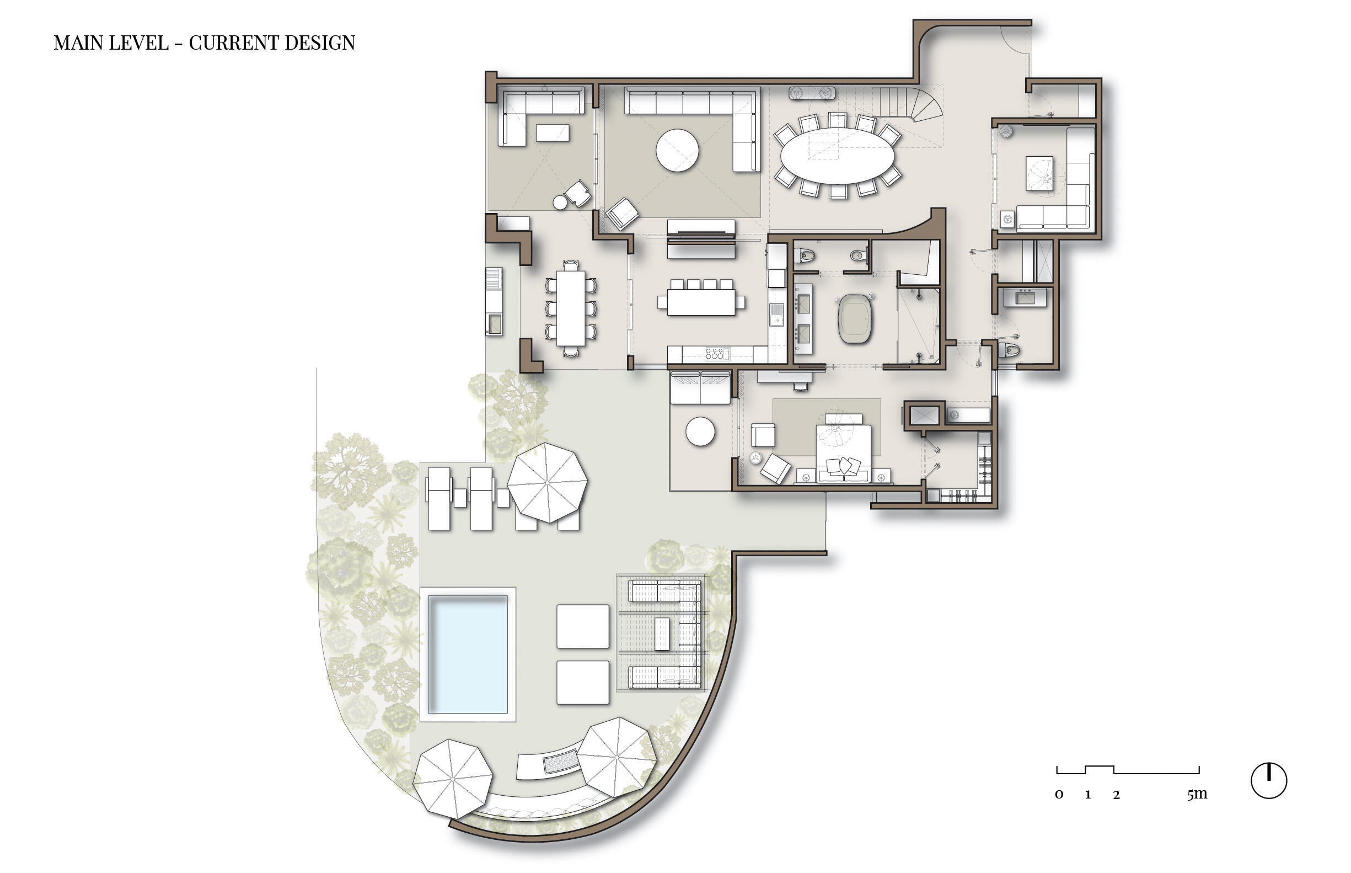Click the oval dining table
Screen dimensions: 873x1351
(x=837, y=155)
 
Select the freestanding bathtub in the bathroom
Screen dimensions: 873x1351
(x=855, y=318)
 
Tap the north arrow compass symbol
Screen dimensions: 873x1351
(x=1268, y=781)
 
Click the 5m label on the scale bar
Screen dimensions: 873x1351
(x=1197, y=794)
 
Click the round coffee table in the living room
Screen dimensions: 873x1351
(x=677, y=150)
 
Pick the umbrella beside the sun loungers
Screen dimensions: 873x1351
(x=546, y=482)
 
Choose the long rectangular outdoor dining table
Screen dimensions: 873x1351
(x=570, y=308)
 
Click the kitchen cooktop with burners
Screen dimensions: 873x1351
(x=714, y=354)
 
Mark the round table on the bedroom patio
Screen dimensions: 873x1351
(x=700, y=432)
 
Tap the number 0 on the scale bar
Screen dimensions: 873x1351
(x=1059, y=795)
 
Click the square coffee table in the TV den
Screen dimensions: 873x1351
(x=1039, y=173)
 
